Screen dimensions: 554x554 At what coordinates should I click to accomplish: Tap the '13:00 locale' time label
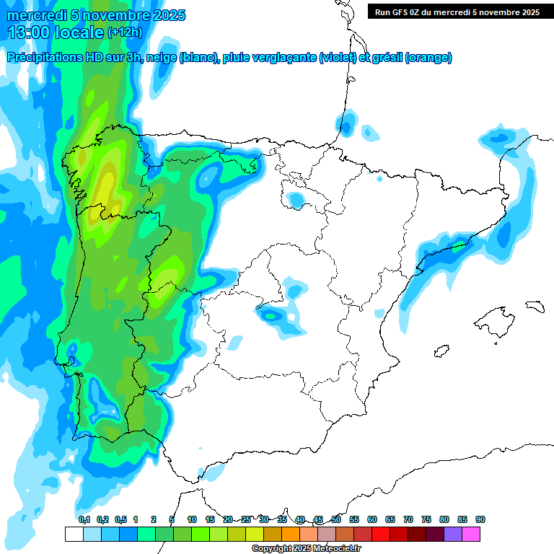point(56,32)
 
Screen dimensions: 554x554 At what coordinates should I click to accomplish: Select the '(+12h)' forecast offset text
point(125,32)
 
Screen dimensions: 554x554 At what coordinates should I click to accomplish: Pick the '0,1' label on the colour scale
point(84,519)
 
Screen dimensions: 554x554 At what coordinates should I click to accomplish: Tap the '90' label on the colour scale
point(480,519)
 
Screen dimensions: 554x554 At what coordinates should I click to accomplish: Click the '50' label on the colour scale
point(336,519)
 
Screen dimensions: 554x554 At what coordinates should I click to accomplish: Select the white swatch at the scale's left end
point(74,534)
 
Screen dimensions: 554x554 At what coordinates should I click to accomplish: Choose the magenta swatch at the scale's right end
point(471,534)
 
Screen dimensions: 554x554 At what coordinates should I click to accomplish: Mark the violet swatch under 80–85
point(453,534)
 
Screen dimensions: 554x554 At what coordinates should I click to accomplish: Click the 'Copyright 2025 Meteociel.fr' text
point(307,549)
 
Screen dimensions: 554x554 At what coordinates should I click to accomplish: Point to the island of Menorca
point(535,306)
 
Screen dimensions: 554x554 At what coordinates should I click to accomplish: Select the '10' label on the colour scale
point(192,519)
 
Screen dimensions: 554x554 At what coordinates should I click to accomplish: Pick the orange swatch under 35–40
point(291,534)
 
